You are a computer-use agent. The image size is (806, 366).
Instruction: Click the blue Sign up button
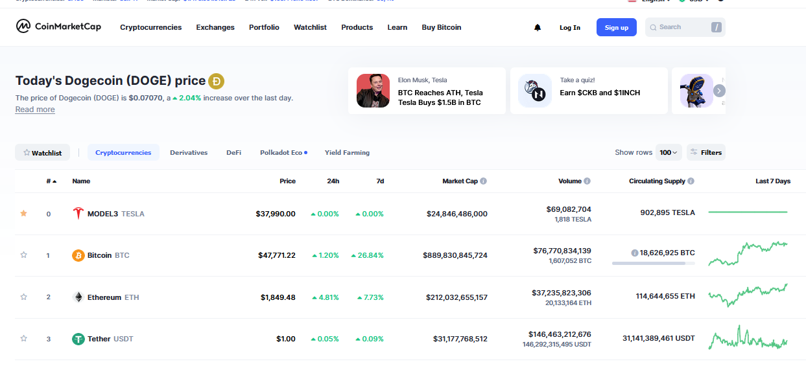point(616,27)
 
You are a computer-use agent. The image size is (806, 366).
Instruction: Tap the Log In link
point(570,27)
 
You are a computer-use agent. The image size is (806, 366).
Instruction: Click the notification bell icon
point(538,27)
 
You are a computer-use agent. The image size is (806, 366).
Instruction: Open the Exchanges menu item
point(215,27)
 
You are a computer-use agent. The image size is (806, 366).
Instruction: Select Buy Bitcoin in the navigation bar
point(442,27)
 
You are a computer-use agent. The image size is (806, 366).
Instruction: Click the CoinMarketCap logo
point(58,27)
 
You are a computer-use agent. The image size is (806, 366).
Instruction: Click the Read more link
point(35,109)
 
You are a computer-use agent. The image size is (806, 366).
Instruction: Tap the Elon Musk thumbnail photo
point(373,91)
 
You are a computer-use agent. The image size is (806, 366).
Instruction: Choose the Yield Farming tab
point(347,153)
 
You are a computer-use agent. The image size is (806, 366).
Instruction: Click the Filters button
point(705,152)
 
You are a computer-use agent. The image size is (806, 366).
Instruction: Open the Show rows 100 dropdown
point(669,152)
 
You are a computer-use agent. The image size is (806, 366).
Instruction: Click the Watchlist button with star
point(42,153)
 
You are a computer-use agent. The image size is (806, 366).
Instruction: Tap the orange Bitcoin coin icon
point(78,255)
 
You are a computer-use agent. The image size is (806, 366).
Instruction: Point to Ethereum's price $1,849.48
point(278,297)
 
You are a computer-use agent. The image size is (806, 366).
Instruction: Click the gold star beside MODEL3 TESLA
point(24,213)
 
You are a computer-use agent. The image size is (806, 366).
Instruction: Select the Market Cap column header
point(460,181)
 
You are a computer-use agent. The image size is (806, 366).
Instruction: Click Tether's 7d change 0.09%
point(370,339)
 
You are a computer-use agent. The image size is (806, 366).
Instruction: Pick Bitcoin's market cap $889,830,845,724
point(455,255)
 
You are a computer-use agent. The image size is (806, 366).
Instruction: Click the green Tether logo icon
point(78,339)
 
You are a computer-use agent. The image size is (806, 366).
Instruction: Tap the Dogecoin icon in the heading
point(216,81)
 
